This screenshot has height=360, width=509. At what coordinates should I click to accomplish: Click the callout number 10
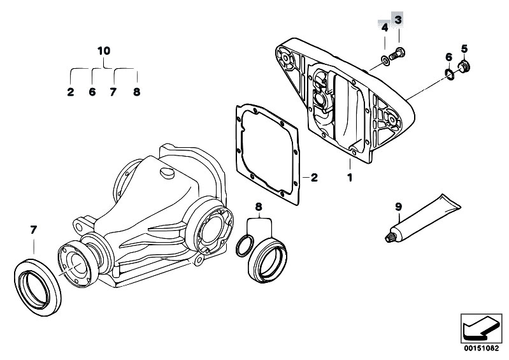tap(104, 51)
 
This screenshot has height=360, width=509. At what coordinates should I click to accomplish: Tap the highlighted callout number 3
tap(398, 20)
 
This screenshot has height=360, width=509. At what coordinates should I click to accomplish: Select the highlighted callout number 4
tap(385, 27)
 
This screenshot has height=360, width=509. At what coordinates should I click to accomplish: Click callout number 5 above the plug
tap(464, 49)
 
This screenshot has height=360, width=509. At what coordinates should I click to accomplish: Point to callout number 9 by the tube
tap(398, 206)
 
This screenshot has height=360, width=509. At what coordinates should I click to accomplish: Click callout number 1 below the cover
tap(350, 178)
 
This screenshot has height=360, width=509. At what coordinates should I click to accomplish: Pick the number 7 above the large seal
tap(33, 230)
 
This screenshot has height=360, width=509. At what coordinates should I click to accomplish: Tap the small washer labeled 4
tap(385, 61)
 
